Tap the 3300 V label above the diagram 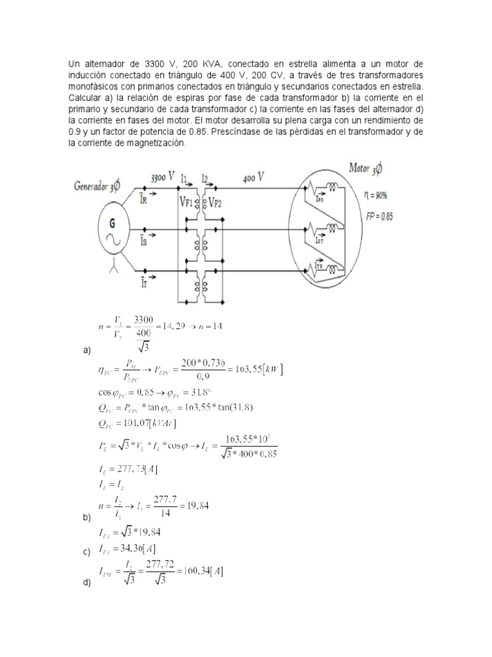pos(163,176)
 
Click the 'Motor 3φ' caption pos(366,169)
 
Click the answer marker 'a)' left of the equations pos(88,350)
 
